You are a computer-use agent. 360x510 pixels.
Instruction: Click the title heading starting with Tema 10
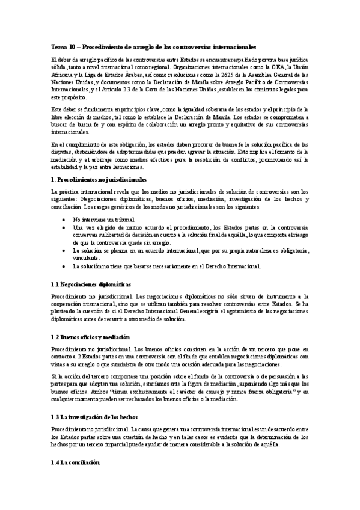153,46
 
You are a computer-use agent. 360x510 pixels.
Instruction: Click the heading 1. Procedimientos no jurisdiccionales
99,180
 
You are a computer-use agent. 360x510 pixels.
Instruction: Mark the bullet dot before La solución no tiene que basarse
64,265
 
